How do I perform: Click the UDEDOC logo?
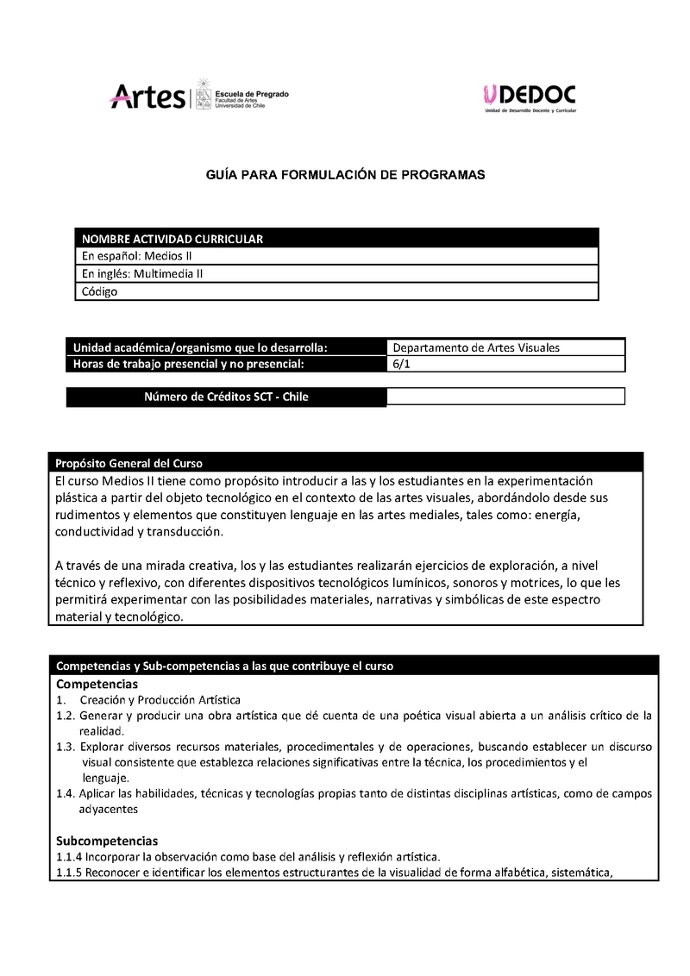coord(530,96)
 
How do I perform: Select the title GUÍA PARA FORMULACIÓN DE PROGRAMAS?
coord(345,174)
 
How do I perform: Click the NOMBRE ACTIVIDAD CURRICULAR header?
coord(172,239)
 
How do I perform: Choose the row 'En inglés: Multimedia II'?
coord(142,273)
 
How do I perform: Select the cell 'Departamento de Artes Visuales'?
coord(476,347)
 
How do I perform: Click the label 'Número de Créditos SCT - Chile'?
coord(226,397)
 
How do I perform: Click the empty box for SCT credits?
coord(505,397)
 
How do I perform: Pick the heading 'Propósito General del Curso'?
coord(129,462)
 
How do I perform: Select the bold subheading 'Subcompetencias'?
coord(107,840)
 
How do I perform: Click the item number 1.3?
coord(66,747)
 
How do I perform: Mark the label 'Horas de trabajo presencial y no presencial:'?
coord(189,364)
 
